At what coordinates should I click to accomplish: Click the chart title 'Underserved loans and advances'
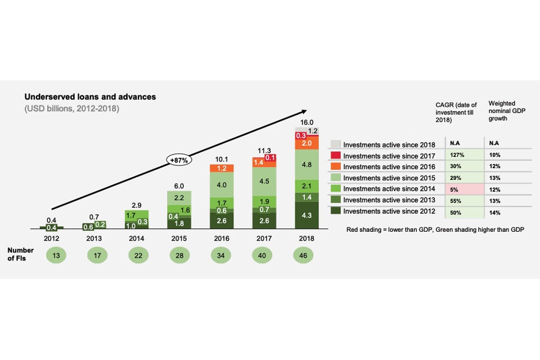90,97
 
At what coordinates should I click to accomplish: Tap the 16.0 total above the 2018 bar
307,122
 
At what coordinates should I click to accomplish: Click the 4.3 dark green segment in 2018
307,215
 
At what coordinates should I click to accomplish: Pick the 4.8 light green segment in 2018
307,165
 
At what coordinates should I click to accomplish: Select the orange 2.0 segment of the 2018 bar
307,143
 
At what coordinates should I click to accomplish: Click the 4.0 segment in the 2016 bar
222,185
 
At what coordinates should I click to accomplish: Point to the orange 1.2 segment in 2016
222,168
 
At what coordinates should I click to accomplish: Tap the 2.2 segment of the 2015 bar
179,198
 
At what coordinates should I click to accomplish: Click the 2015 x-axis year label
179,237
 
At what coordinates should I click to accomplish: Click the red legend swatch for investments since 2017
335,155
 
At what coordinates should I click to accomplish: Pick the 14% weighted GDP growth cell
494,211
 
